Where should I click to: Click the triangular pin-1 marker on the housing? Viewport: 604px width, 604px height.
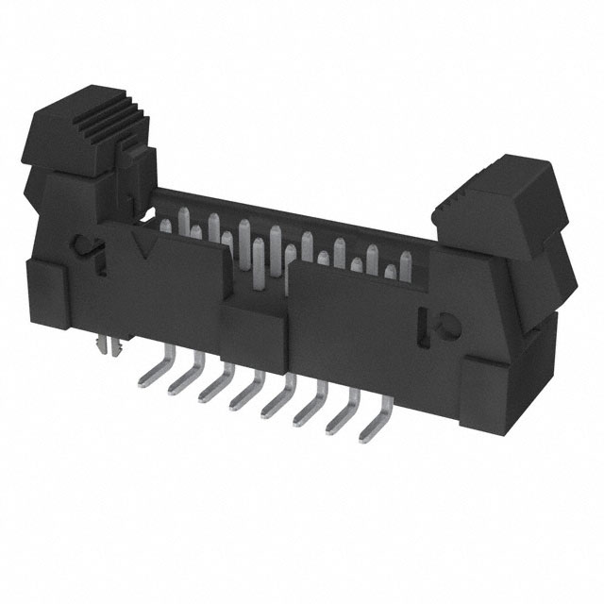click(x=146, y=248)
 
